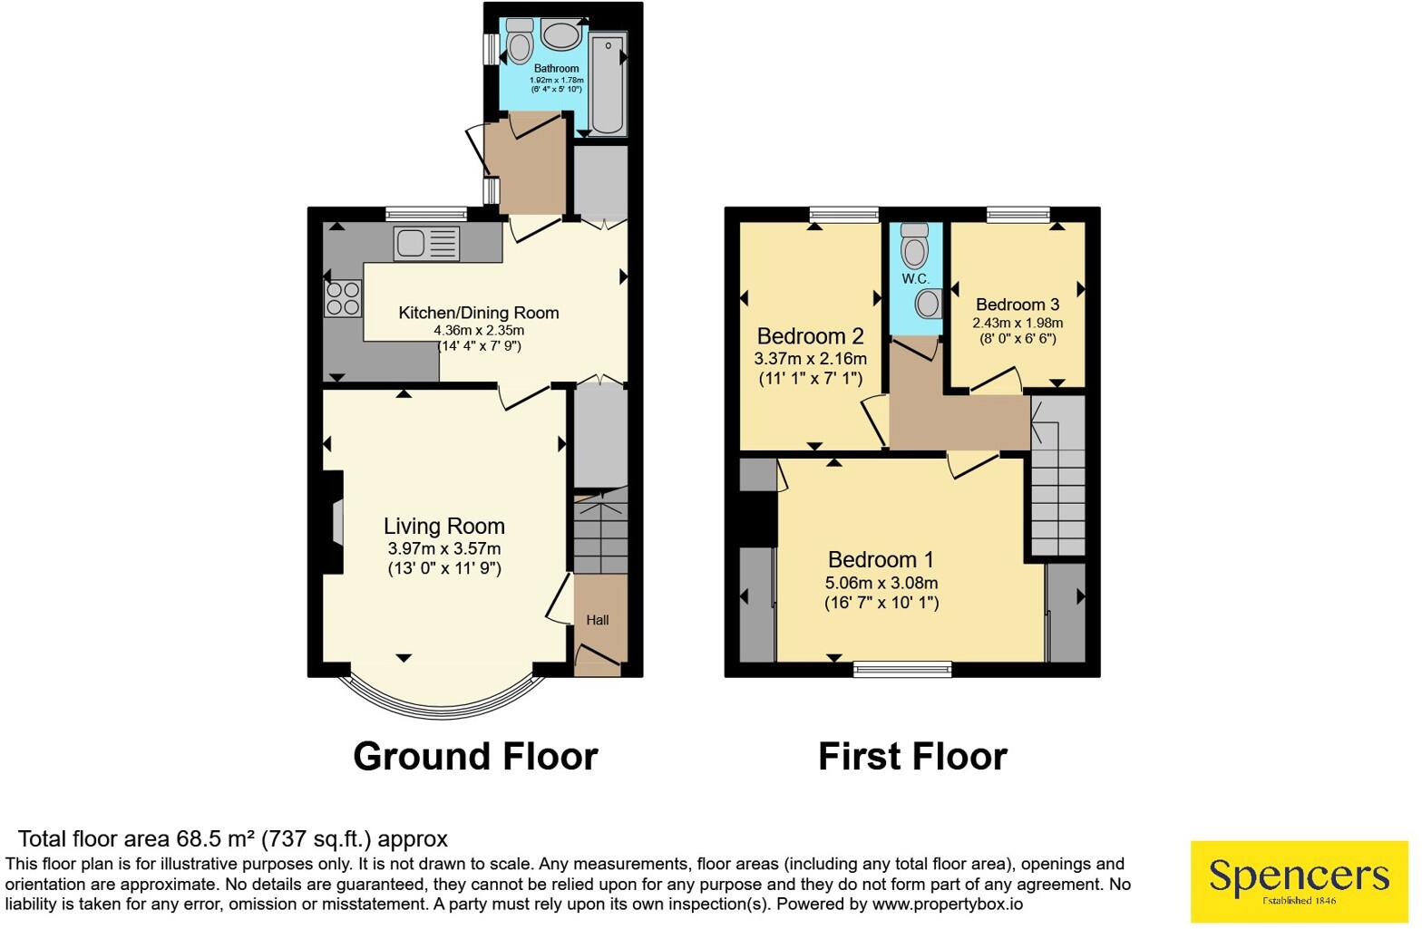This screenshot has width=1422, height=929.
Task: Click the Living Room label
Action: pyautogui.click(x=443, y=526)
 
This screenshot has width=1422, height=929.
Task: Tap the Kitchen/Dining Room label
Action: pyautogui.click(x=479, y=313)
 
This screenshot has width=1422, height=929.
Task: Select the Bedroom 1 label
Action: pyautogui.click(x=881, y=560)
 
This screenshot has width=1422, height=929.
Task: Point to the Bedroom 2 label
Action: pyautogui.click(x=811, y=335)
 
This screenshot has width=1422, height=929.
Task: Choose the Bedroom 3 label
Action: pyautogui.click(x=1018, y=305)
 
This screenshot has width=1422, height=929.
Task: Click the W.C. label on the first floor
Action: pyautogui.click(x=915, y=278)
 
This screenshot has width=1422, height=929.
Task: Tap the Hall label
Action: pyautogui.click(x=598, y=620)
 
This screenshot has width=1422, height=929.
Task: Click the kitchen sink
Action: pyautogui.click(x=426, y=245)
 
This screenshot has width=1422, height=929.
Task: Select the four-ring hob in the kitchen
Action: pyautogui.click(x=343, y=298)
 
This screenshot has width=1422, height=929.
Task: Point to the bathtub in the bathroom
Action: pyautogui.click(x=609, y=83)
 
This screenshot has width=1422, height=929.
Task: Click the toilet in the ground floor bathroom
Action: pyautogui.click(x=520, y=42)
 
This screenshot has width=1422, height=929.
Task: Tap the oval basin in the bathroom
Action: pyautogui.click(x=561, y=34)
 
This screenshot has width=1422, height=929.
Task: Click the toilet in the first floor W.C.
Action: pyautogui.click(x=914, y=245)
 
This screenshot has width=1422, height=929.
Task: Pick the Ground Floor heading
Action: pyautogui.click(x=475, y=757)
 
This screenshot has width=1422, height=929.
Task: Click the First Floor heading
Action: pyautogui.click(x=913, y=757)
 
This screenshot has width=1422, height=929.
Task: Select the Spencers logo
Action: pyautogui.click(x=1300, y=881)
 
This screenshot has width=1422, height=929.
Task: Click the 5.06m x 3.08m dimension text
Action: pyautogui.click(x=881, y=583)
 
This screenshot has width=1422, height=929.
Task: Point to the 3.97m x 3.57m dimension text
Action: pyautogui.click(x=444, y=549)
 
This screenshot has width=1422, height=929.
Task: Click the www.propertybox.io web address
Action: pyautogui.click(x=948, y=905)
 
